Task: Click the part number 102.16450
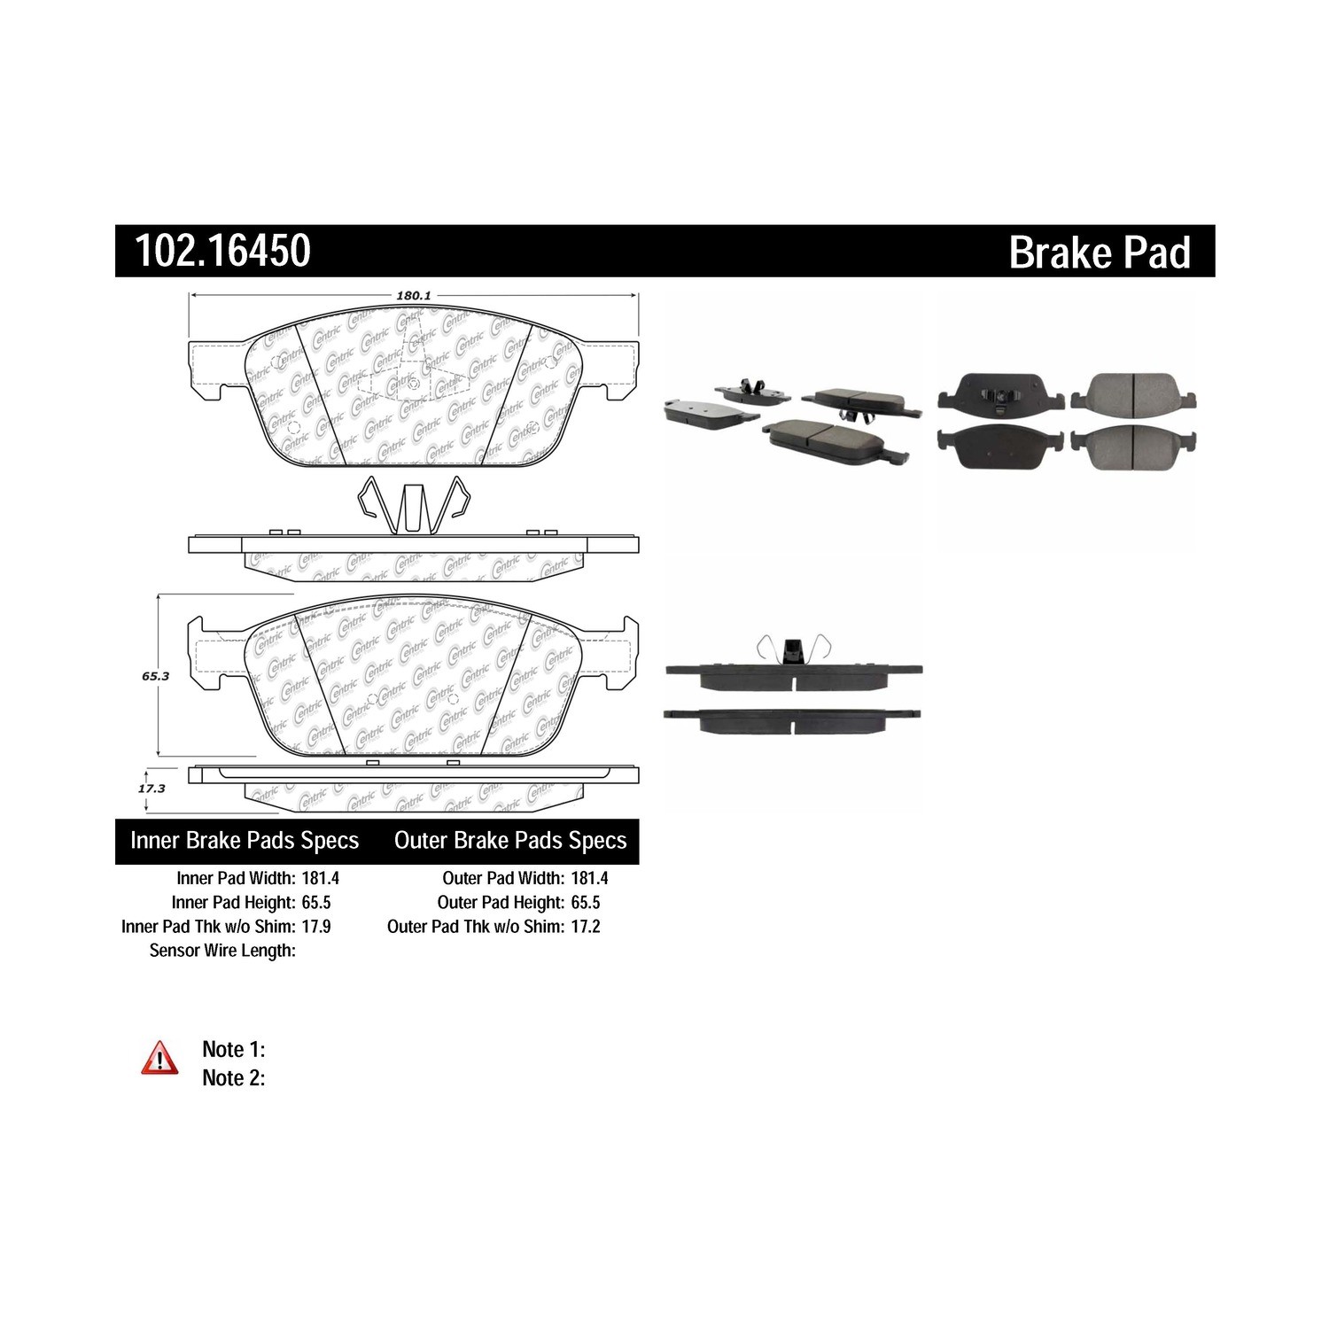(222, 251)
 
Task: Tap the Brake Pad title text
(1100, 253)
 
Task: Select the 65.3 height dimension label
(156, 675)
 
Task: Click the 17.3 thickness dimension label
(152, 788)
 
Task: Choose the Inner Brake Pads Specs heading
(245, 840)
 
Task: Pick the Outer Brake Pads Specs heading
(510, 840)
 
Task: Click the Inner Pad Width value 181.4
(320, 878)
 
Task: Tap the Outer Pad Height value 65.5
(586, 902)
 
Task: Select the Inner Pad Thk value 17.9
(315, 926)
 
